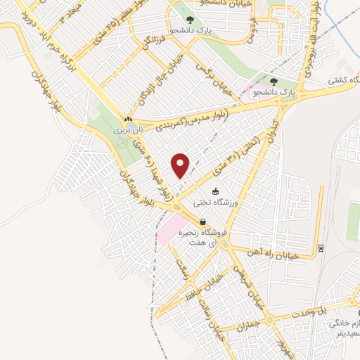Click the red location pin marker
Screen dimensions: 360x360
[x=181, y=165]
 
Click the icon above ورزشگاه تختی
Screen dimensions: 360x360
[x=215, y=191]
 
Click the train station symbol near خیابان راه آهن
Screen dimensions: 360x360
[x=321, y=247]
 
